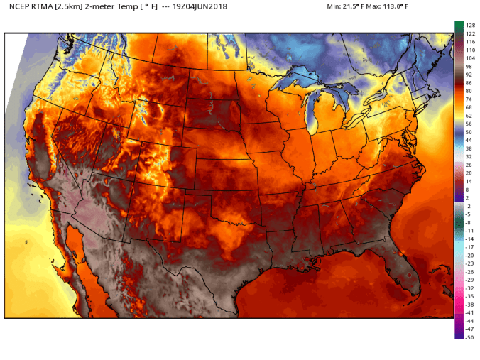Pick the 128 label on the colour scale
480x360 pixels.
point(470,25)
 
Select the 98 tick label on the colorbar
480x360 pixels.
point(469,66)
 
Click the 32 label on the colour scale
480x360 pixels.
point(469,156)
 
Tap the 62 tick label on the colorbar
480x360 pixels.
point(469,116)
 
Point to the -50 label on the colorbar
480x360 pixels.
point(469,337)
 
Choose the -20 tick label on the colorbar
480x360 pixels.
point(469,255)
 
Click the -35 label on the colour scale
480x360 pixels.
point(469,296)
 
